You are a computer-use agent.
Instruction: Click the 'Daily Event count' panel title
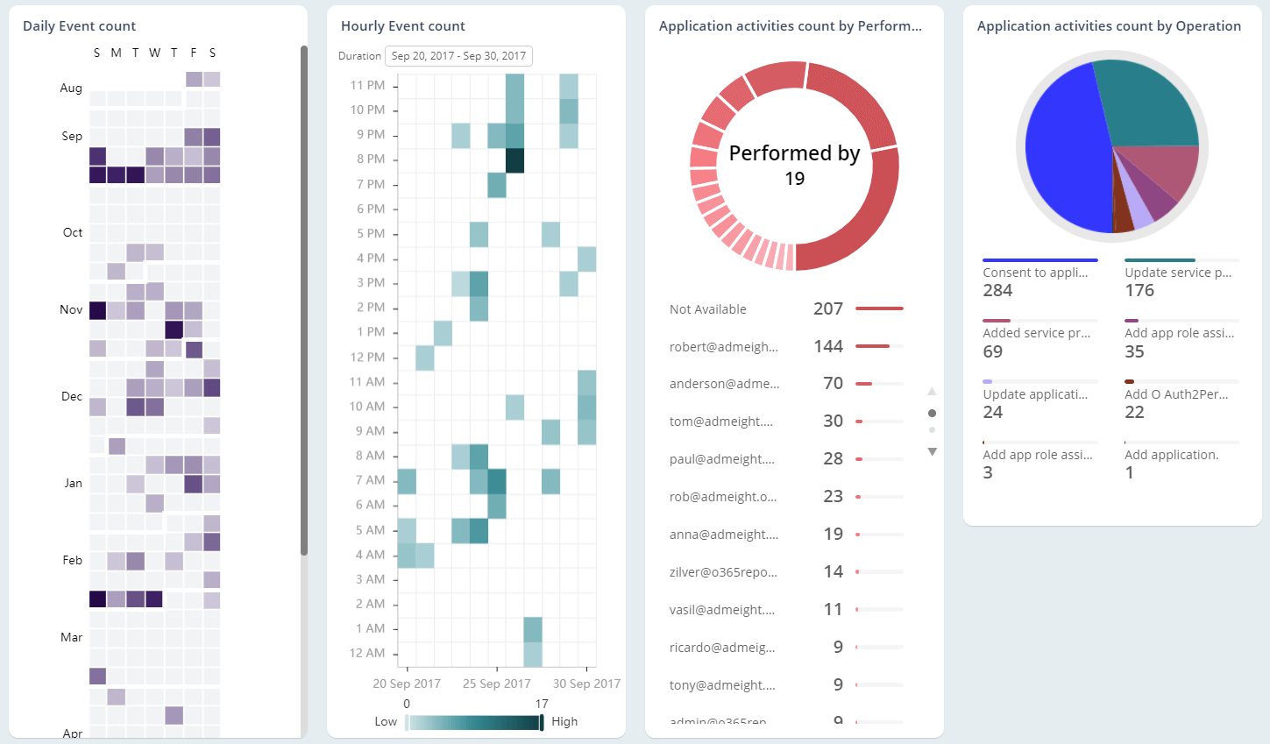80,26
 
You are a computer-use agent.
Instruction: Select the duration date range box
458,56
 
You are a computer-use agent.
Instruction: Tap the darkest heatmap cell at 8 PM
514,160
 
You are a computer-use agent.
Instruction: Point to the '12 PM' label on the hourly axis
367,358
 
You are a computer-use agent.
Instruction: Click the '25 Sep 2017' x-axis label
497,684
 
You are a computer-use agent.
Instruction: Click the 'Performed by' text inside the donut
794,153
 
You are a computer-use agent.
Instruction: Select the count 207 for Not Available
827,308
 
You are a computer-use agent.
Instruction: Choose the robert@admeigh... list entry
723,347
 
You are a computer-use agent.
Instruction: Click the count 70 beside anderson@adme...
833,384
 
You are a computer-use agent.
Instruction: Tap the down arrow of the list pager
932,452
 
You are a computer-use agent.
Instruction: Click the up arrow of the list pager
932,392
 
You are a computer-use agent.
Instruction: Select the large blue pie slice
1061,149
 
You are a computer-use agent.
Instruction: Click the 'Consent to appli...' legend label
1035,273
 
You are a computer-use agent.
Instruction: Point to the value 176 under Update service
1139,291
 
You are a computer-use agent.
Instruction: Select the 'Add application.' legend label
1171,455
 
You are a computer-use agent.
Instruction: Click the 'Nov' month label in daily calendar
71,310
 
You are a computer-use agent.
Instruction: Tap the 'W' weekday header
154,53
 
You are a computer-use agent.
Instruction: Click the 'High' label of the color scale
564,722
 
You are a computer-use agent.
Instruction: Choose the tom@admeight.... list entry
720,422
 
